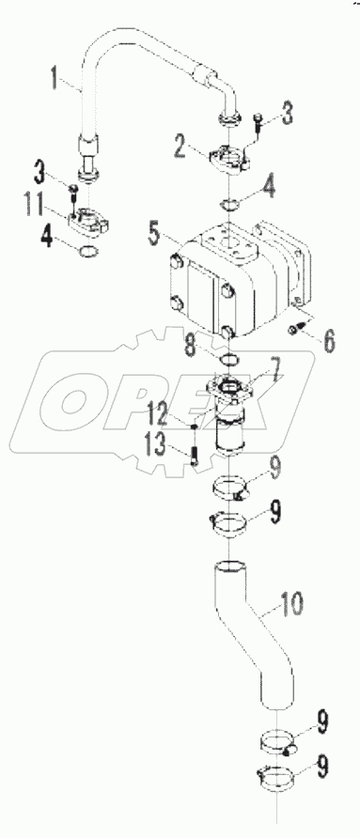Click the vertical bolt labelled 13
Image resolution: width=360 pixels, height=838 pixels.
click(194, 455)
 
